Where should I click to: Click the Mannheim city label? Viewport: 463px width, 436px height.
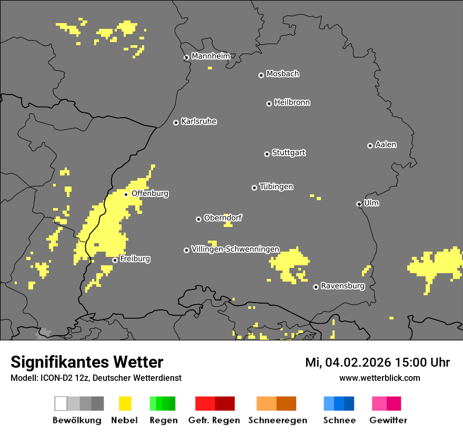210,56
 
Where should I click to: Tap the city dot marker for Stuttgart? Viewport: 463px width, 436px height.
267,154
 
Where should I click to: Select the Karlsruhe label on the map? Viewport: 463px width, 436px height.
198,121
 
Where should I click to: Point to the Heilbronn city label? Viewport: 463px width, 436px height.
292,102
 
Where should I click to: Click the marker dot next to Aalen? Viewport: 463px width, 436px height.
370,146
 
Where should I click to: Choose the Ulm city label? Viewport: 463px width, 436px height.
371,203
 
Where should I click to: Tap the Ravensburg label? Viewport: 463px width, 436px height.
343,286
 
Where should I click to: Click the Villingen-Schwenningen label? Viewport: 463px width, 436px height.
235,249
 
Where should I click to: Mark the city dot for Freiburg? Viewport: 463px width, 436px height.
115,260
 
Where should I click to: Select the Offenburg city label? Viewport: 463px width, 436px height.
150,193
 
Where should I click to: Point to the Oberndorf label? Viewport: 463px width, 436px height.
223,218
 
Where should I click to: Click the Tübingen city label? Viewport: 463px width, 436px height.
276,186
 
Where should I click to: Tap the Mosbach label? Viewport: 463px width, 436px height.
283,74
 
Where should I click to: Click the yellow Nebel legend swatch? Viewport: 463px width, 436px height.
125,403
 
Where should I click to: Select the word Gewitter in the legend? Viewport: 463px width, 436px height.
388,420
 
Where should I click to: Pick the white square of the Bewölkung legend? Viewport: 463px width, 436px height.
61,403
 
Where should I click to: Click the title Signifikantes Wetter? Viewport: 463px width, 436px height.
87,362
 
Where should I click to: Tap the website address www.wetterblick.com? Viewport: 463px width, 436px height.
379,378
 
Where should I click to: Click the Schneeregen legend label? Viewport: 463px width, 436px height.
277,420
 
